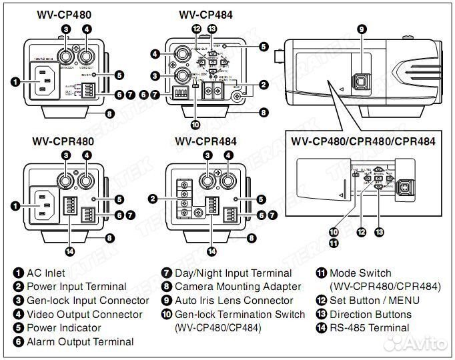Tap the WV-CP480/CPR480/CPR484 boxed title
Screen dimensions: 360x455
pos(363,141)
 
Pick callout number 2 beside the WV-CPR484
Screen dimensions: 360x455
pos(154,199)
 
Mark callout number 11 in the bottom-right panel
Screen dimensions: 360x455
pos(334,243)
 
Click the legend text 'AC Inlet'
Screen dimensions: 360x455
pos(47,273)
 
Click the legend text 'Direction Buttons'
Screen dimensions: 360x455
pos(371,314)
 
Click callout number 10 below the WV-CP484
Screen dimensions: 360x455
pos(195,123)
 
